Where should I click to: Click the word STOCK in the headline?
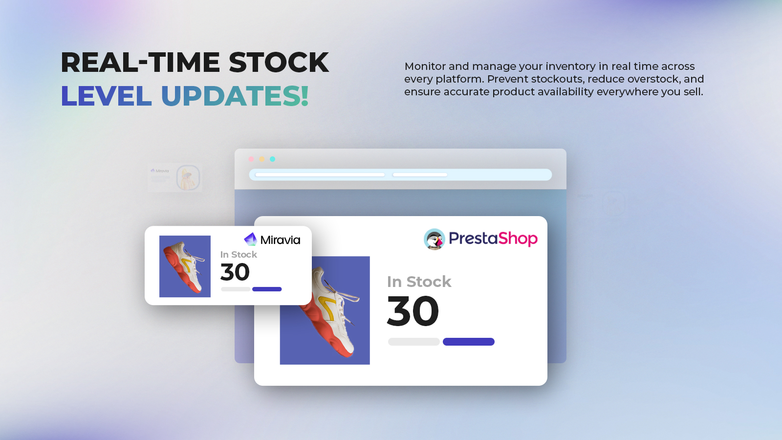(279, 63)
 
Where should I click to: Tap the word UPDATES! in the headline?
(235, 96)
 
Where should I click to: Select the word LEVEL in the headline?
(106, 96)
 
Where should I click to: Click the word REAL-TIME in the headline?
(140, 63)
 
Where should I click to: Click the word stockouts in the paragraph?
(556, 79)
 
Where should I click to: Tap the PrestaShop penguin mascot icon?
(434, 239)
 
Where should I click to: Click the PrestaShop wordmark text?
(493, 239)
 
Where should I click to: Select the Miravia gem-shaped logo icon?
(250, 239)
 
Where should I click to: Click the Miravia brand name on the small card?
(280, 240)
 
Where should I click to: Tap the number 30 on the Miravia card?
(235, 272)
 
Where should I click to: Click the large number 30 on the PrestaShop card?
(413, 310)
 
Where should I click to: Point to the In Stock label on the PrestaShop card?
(419, 282)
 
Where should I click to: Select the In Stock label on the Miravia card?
(239, 255)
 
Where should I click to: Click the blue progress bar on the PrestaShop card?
(469, 342)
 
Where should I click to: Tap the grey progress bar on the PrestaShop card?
(413, 342)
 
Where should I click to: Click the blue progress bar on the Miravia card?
(267, 289)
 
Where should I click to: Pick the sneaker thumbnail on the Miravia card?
(185, 266)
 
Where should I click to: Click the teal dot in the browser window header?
(272, 159)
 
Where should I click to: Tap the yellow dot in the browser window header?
(262, 159)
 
